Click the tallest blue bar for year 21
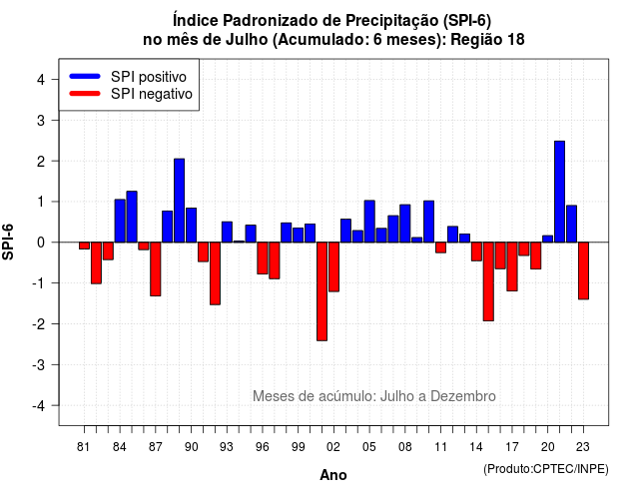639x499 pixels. tap(559, 192)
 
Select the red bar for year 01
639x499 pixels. tap(321, 291)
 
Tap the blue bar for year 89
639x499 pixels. tap(180, 201)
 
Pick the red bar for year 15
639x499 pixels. tap(488, 281)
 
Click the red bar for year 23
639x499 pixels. tap(583, 270)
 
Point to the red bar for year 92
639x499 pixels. tap(215, 273)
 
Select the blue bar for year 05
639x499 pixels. tap(369, 222)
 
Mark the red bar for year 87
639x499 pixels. tap(156, 268)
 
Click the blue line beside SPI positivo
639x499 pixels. tap(85, 76)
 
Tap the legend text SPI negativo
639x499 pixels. tap(152, 94)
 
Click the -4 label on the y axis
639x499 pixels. tap(40, 406)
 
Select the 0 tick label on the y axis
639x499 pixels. tap(40, 243)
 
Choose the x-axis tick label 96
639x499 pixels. tap(263, 447)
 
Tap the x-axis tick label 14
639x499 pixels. tap(476, 447)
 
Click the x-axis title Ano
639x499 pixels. tap(333, 475)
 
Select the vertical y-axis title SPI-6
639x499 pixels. tap(8, 242)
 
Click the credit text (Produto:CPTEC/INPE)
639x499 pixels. tap(546, 469)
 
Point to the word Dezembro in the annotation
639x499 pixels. tap(463, 396)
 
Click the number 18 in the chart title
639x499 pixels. tap(516, 40)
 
